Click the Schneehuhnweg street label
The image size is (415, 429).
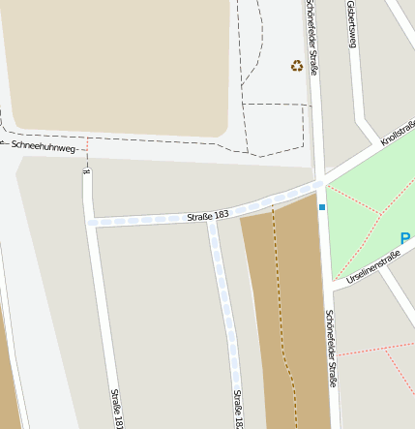click(39, 146)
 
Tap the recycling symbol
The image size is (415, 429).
click(297, 66)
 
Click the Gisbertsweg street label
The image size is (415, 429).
click(352, 24)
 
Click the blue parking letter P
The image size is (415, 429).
click(404, 238)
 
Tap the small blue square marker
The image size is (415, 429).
click(322, 206)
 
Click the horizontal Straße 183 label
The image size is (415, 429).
click(208, 216)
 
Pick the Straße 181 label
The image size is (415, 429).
click(117, 408)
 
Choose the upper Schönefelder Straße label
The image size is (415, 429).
click(312, 34)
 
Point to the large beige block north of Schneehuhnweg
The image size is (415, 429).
click(116, 63)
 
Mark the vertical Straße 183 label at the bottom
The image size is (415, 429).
click(238, 408)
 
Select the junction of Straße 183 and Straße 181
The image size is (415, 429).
click(90, 222)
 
